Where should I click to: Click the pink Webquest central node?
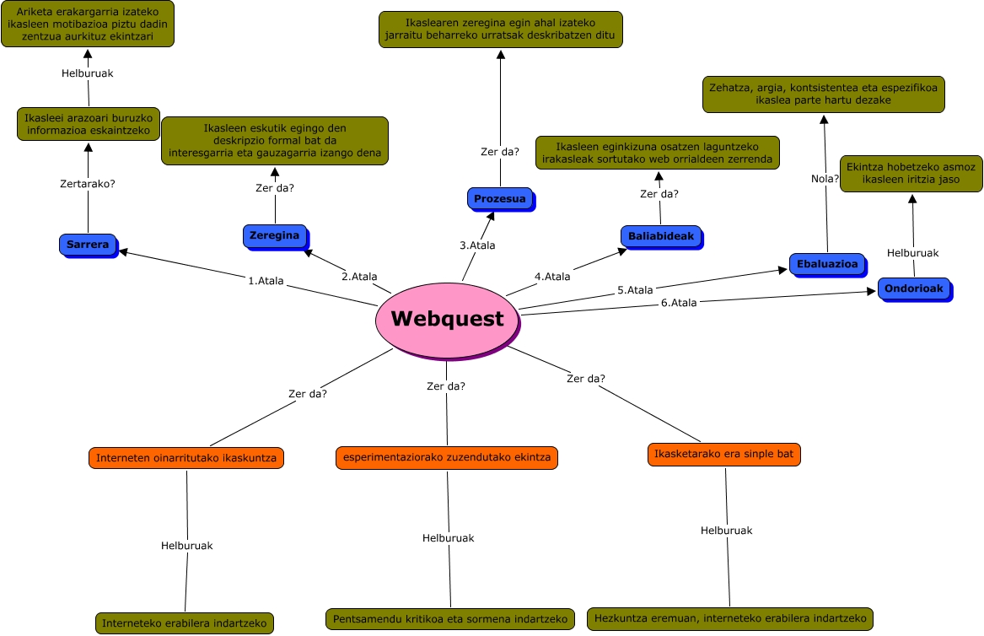(447, 319)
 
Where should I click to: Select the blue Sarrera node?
(88, 245)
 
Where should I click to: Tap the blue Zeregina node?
(274, 235)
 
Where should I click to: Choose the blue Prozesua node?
(499, 199)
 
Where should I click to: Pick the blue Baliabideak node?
(661, 236)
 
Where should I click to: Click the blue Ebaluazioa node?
(827, 264)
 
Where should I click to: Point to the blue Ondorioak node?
(914, 288)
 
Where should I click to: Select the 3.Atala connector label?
(477, 245)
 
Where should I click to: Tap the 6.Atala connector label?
(679, 303)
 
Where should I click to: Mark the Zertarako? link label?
(88, 183)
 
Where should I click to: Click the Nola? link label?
(825, 178)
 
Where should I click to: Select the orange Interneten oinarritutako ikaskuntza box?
(186, 458)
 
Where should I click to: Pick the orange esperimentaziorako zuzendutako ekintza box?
(446, 457)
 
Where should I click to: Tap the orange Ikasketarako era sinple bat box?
(724, 454)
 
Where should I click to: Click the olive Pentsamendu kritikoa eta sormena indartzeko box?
(450, 619)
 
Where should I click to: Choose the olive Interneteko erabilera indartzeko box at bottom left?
(185, 623)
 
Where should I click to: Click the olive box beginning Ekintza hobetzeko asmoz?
(911, 173)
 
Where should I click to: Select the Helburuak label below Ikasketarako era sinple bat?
(726, 531)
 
